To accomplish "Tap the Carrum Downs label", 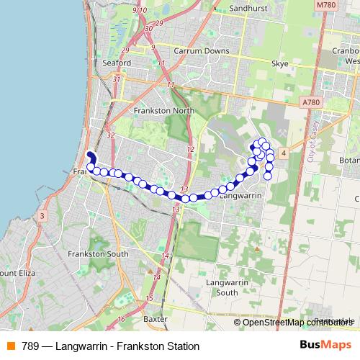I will coord(206,51).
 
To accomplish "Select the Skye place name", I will coord(279,63).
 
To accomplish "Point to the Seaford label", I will coord(116,63).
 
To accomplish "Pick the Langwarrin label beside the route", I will coord(238,195).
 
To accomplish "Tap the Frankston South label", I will coord(98,253).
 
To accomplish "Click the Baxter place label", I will coord(156,318).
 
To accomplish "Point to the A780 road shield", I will coord(311,103).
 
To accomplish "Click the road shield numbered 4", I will coord(284,153).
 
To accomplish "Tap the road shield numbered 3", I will coord(42,216).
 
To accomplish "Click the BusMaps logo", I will coord(325,346).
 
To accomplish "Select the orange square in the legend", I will coord(12,346).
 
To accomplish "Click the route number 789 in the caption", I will coord(30,346).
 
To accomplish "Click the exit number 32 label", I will coord(110,135).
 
